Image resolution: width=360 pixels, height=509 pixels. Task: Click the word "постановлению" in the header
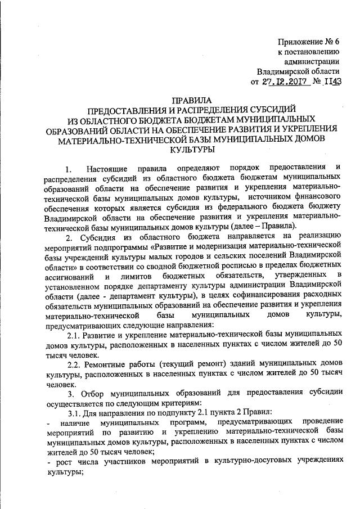coord(312,52)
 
